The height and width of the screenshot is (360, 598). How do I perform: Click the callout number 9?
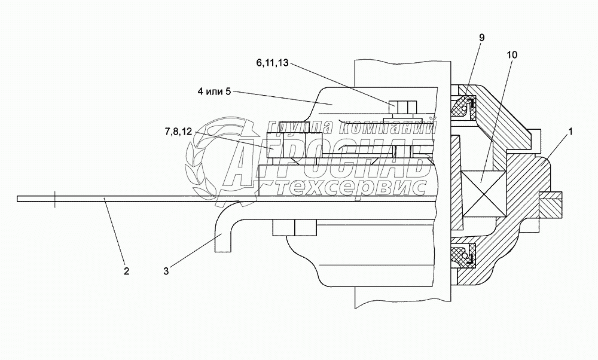(x=481, y=37)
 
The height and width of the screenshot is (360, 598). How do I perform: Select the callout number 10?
(x=512, y=55)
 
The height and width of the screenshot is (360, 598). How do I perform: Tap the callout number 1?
(x=570, y=132)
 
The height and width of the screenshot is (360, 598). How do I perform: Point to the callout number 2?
(x=126, y=271)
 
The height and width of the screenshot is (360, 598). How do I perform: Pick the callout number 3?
(x=166, y=271)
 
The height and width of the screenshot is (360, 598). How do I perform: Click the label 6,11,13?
(x=272, y=63)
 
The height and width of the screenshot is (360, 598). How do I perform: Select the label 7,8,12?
(x=178, y=132)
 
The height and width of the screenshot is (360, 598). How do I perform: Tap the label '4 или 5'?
(x=214, y=91)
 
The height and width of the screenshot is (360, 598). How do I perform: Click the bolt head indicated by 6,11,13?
(x=402, y=106)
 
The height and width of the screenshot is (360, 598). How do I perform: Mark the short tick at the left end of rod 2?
(x=55, y=199)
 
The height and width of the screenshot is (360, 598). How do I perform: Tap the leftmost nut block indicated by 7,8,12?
(x=274, y=145)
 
